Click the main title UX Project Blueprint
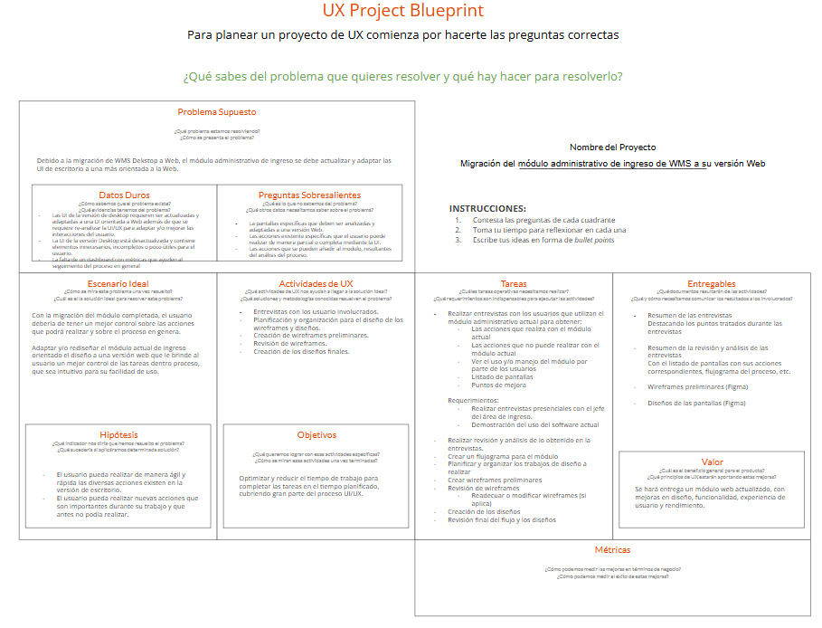coord(403,11)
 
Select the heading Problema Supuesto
coord(216,112)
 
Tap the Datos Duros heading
coord(124,195)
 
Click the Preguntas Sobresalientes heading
coord(309,195)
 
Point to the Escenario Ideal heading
coord(118,284)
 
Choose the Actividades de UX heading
coord(316,284)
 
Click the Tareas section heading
coord(513,284)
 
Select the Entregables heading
coord(711,284)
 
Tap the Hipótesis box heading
coord(118,434)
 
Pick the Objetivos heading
coord(316,435)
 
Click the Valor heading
coord(712,462)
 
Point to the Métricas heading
coord(612,550)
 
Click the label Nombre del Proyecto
coord(612,147)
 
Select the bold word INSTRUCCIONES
coord(487,208)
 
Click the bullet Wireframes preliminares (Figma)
coord(696,386)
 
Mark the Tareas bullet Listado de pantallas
coord(502,376)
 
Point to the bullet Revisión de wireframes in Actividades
coord(289,344)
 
